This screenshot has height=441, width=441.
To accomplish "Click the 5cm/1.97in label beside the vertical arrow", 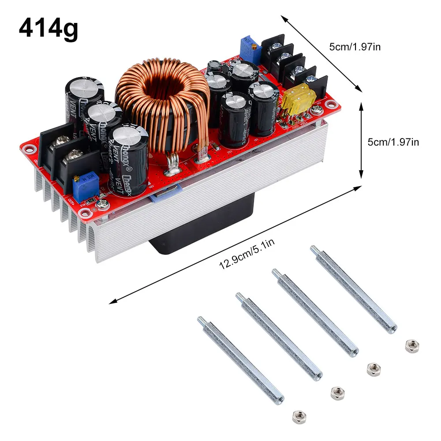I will (393, 142).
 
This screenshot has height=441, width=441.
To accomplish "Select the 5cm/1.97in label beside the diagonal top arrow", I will (355, 46).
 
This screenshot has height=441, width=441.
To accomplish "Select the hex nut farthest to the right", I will (411, 345).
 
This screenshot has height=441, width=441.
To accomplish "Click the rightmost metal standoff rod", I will (355, 289).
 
